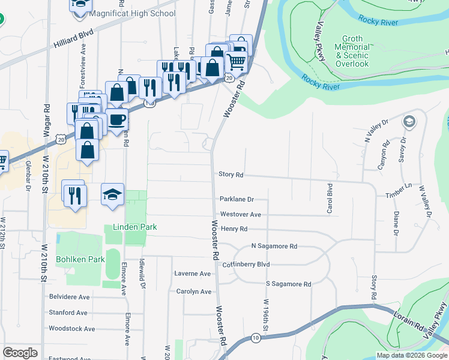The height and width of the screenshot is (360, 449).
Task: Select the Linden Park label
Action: (x=134, y=227)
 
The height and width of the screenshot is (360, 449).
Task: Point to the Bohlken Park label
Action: (x=80, y=259)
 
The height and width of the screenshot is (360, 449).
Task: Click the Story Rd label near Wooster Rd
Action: (x=231, y=175)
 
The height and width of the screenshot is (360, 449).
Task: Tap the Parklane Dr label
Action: (x=237, y=199)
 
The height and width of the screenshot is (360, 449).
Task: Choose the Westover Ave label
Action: (x=241, y=214)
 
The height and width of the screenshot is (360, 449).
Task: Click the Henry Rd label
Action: (x=234, y=229)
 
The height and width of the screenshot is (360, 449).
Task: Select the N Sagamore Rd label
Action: (x=274, y=246)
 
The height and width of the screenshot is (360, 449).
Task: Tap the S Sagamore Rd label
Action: (x=288, y=284)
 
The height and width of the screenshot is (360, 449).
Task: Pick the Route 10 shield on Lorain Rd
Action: (x=256, y=338)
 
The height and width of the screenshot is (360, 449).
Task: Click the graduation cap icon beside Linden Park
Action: (x=112, y=194)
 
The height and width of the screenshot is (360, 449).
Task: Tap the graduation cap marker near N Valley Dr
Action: (x=409, y=122)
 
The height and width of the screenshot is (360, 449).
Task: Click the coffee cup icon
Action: (x=117, y=119)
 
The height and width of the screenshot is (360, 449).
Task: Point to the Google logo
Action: (x=20, y=353)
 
